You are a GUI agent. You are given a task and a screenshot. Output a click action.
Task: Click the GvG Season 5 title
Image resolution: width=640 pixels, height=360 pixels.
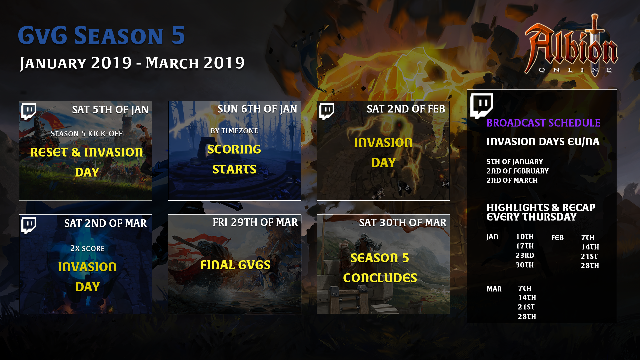(101, 35)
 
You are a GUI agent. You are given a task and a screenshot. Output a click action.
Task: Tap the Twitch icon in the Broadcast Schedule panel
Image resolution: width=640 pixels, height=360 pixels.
(481, 106)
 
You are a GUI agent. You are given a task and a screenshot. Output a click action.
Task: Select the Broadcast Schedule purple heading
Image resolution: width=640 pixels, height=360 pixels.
(543, 123)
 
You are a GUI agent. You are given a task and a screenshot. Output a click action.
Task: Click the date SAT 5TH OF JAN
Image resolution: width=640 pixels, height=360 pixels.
(110, 110)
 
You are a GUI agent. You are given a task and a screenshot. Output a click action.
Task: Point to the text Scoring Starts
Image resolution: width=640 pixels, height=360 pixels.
(234, 159)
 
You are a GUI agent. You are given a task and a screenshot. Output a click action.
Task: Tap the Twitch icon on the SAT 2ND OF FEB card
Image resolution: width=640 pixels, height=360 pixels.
(327, 111)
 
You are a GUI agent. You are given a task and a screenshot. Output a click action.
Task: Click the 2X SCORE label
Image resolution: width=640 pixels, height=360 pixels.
(87, 249)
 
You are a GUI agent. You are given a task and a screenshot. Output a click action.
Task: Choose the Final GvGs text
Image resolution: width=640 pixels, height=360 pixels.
(235, 265)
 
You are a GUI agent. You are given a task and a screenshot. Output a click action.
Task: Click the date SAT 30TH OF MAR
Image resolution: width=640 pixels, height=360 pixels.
(403, 223)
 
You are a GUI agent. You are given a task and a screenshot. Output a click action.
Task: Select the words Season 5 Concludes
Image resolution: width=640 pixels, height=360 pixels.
(380, 268)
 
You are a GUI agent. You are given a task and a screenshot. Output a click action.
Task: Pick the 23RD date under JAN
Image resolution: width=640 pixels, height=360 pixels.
(525, 255)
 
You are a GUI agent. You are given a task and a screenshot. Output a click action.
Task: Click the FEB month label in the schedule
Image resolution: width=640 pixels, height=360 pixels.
(557, 238)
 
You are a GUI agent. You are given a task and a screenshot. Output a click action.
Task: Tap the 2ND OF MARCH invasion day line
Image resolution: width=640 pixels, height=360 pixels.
(512, 180)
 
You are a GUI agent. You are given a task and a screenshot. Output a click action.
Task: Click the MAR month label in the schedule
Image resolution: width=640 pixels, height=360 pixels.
(494, 289)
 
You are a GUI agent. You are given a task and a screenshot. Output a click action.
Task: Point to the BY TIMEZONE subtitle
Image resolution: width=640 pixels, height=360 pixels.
(234, 131)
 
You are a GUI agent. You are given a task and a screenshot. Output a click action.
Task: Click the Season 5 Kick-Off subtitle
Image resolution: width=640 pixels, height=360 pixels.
(87, 134)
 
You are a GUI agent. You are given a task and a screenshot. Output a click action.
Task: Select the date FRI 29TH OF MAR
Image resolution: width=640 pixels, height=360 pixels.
(255, 222)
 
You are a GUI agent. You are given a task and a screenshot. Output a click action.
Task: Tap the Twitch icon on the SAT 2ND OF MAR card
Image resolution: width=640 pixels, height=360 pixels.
(29, 225)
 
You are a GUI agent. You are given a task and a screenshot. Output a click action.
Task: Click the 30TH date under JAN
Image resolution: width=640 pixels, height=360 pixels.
(525, 265)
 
